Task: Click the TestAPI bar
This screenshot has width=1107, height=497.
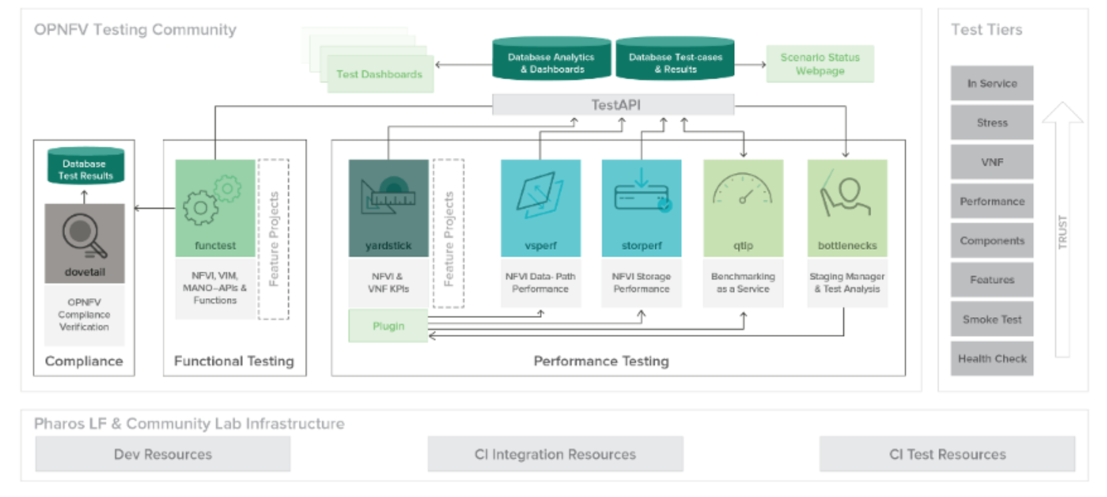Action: (x=613, y=104)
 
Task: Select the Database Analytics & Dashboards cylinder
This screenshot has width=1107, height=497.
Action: (x=551, y=59)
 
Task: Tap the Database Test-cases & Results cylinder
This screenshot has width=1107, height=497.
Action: (x=675, y=59)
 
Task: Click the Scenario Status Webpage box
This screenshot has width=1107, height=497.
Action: (x=820, y=64)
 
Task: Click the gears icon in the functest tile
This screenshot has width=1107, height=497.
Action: (x=212, y=200)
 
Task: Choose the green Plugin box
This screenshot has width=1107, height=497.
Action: (x=388, y=326)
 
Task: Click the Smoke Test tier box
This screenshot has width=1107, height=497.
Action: (x=992, y=319)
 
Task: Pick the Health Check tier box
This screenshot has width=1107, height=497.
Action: (x=992, y=359)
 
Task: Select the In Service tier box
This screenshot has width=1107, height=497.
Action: (x=992, y=83)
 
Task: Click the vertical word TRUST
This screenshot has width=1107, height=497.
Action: (x=1062, y=232)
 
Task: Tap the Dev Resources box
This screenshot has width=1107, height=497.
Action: (x=163, y=454)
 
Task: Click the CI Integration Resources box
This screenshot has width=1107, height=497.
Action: (x=555, y=454)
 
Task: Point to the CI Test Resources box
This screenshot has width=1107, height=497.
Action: (x=947, y=454)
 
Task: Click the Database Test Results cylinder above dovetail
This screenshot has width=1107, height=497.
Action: (x=86, y=166)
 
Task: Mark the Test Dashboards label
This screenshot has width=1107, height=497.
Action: (x=379, y=74)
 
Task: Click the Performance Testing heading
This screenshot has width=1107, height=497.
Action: (x=601, y=361)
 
